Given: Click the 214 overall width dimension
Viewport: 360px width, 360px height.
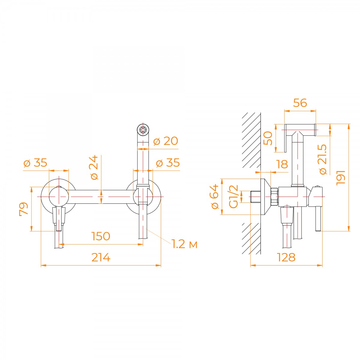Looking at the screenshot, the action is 101,257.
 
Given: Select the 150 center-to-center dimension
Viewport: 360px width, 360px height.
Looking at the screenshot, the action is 101,236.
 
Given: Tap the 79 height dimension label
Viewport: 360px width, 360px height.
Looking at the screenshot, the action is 24,209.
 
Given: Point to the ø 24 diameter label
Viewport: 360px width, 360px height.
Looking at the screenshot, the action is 94,167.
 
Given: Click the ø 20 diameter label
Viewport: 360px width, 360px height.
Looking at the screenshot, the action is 166,141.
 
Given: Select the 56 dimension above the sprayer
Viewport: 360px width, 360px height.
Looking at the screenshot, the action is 300,103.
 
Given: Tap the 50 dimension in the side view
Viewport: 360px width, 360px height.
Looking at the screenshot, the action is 268,138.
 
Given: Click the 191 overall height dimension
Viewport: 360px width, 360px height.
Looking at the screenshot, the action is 340,178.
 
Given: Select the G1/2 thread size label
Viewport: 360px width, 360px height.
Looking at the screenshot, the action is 233,196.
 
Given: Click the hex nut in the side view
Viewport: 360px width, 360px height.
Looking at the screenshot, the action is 274,197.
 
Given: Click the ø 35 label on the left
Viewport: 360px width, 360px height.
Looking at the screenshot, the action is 35,163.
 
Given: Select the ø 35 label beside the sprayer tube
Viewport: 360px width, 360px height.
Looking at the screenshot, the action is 168,163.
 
